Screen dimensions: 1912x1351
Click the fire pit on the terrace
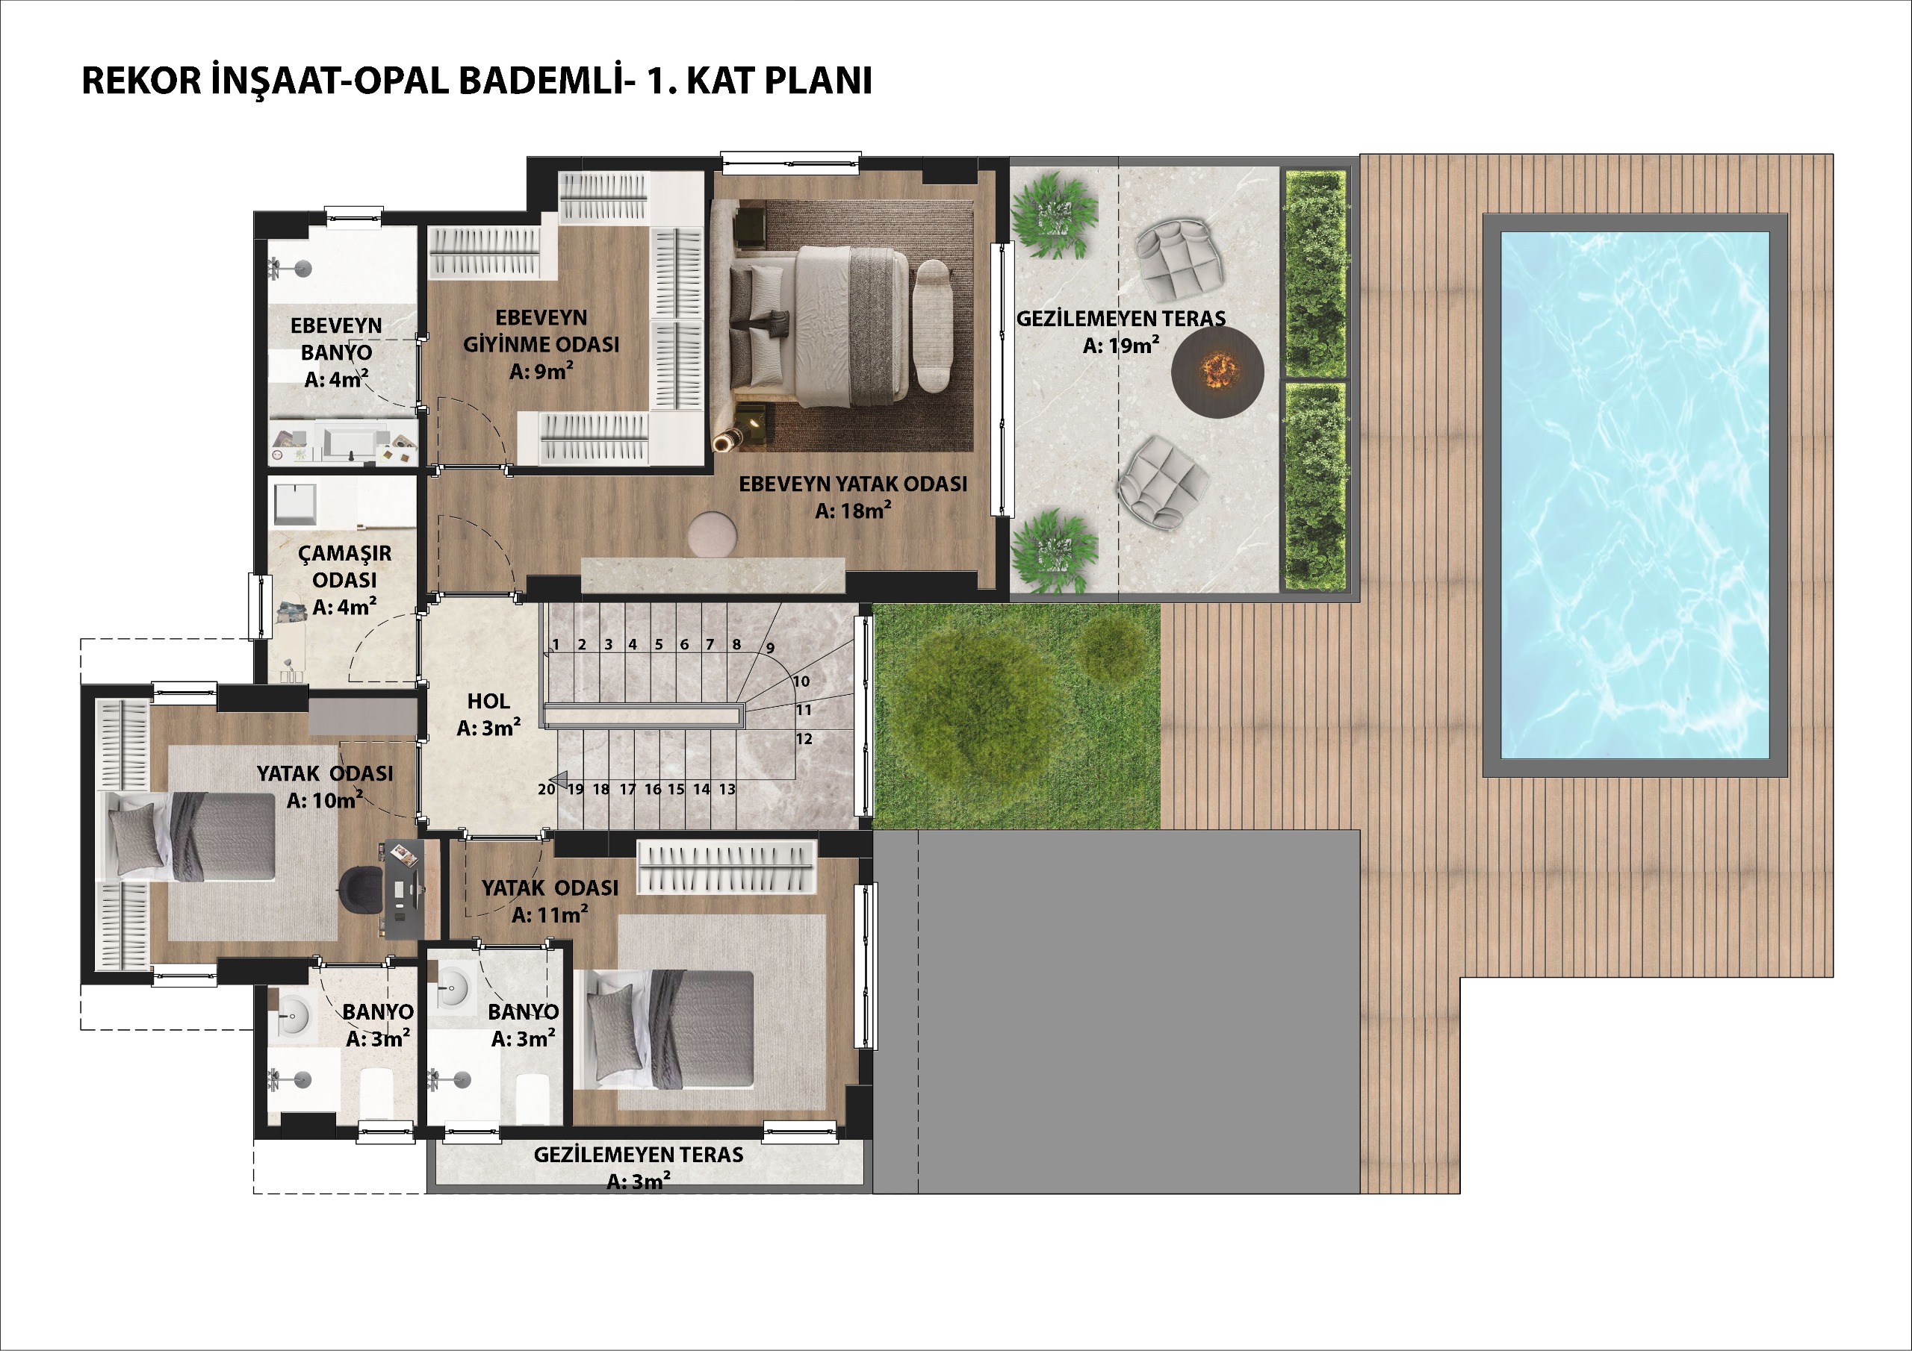1217,371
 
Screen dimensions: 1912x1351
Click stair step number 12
804,738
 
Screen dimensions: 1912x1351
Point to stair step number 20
546,789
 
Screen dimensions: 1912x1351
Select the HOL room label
488,701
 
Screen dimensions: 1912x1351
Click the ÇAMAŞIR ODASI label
345,566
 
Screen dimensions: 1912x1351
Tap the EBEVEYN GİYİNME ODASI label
541,331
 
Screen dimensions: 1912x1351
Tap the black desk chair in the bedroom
361,888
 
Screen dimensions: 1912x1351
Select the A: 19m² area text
1121,345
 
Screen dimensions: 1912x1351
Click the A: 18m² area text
853,511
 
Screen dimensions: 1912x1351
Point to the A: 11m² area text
550,915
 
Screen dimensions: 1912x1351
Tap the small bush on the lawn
1113,649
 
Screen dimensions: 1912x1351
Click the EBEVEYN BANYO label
336,339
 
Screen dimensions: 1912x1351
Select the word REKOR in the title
142,81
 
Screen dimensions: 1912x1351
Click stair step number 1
556,644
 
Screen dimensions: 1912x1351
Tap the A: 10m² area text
325,800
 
